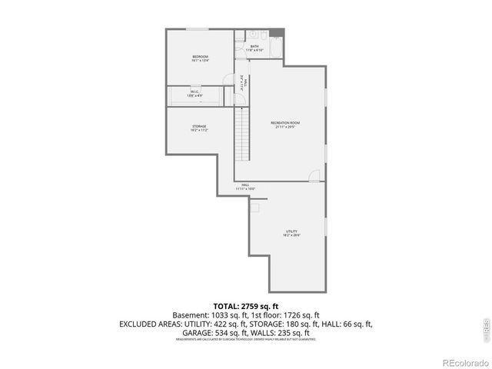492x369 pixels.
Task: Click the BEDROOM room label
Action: [200, 57]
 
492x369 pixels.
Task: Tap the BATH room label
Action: [254, 48]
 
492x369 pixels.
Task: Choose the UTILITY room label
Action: [291, 231]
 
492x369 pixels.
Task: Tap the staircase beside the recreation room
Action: [243, 131]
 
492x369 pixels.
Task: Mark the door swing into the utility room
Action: [314, 177]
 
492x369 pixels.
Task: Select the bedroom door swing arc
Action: [228, 78]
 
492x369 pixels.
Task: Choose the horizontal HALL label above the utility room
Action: [245, 184]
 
